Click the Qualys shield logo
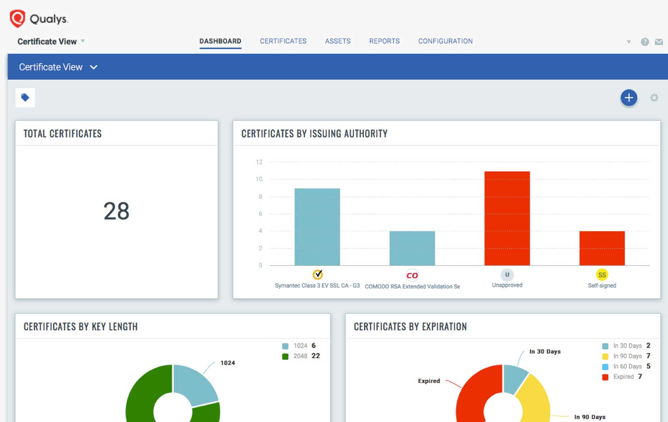pos(18,19)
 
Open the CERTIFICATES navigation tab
pos(283,41)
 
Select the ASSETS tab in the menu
pos(338,41)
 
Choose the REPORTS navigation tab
pos(384,41)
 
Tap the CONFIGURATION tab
pos(445,41)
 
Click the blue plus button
pos(629,98)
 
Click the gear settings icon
pos(654,98)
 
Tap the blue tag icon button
pos(25,98)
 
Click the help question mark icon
pos(645,42)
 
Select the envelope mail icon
pos(659,42)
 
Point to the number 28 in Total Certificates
pos(116,211)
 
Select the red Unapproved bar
pos(507,218)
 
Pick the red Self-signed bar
pos(602,248)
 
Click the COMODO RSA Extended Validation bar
pos(412,248)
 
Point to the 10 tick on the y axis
pos(259,179)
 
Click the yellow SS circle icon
pos(602,275)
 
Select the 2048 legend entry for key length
pos(301,356)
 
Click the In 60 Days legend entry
pos(627,366)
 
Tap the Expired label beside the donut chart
pos(429,381)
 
